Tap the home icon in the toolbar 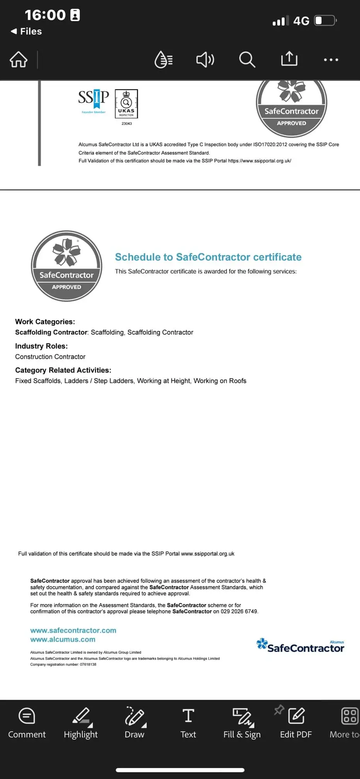pos(19,60)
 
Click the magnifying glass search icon pos(247,60)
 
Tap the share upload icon pos(289,59)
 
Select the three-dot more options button pos(331,60)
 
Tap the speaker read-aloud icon pos(205,60)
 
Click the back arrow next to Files pos(14,31)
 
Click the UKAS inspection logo pos(126,104)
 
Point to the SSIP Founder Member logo pos(93,100)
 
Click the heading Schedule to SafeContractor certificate pos(208,257)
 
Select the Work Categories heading pos(45,321)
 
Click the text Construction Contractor pos(50,357)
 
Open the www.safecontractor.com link pos(73,630)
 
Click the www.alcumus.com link pos(63,640)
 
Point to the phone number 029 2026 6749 pos(239,611)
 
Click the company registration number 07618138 pos(88,665)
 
